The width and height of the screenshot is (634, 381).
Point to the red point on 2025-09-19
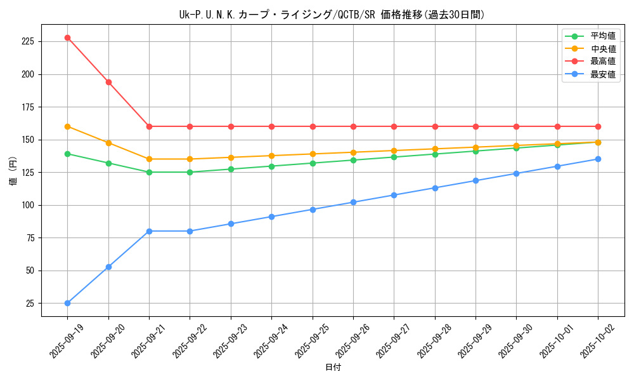(x=68, y=37)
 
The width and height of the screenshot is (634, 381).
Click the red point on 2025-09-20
(x=108, y=82)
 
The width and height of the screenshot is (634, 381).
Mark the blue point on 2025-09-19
(x=68, y=303)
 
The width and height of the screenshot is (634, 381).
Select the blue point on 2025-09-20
(x=108, y=267)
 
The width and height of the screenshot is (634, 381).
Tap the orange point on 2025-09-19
(x=68, y=126)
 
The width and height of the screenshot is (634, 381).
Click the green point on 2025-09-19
(x=68, y=154)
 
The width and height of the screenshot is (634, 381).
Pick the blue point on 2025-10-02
(x=598, y=159)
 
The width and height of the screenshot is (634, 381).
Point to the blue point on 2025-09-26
(x=353, y=202)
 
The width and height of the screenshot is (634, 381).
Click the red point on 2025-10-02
(x=598, y=126)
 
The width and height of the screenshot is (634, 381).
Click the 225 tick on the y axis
(x=28, y=41)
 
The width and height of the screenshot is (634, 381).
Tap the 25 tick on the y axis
(x=30, y=303)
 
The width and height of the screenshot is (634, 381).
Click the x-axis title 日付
(x=333, y=368)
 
